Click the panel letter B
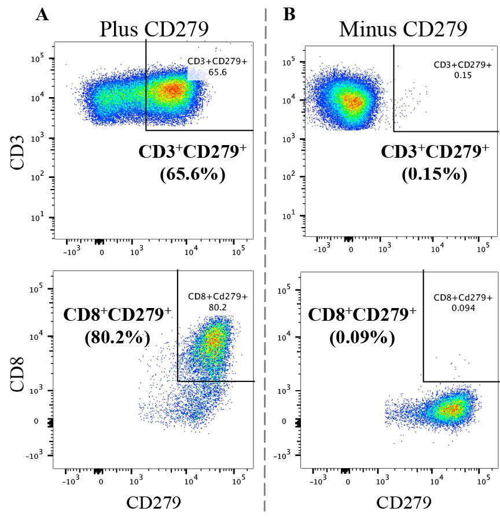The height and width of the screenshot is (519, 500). (x=289, y=15)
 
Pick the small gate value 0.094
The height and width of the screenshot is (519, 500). (x=462, y=308)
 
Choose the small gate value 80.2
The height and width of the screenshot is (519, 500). (x=218, y=307)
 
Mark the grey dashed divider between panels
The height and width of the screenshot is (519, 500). (x=265, y=260)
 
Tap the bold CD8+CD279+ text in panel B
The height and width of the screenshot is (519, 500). (x=362, y=316)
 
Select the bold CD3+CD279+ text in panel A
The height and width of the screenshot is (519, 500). (x=193, y=152)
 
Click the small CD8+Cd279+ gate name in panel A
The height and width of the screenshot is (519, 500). (x=218, y=297)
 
